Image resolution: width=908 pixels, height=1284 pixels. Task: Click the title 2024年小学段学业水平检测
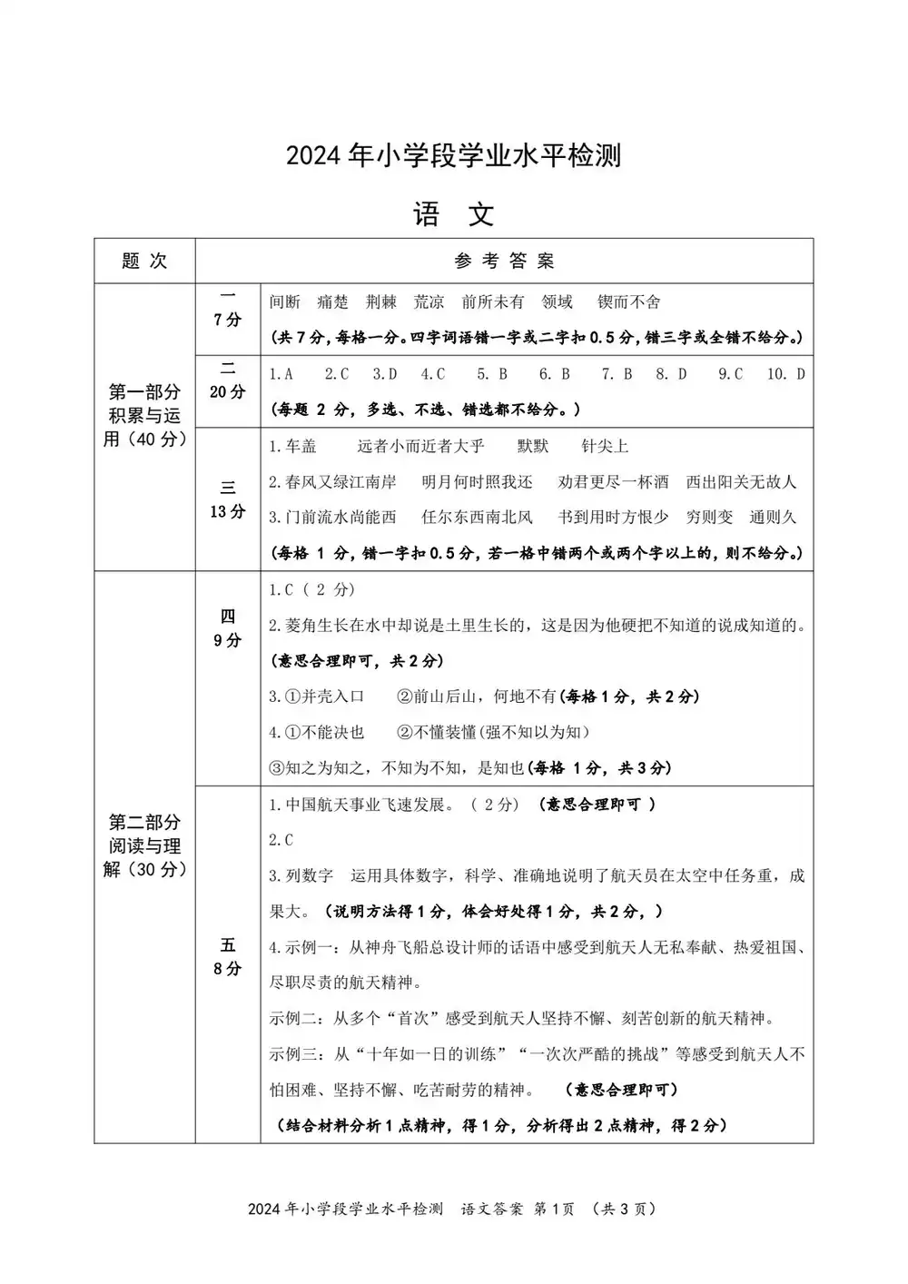click(x=453, y=155)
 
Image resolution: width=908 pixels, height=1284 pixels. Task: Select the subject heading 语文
click(x=453, y=214)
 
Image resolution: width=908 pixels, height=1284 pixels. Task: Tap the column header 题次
click(x=144, y=261)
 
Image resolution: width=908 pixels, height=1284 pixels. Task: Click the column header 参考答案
click(x=504, y=261)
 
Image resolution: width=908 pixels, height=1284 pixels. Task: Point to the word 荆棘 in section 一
click(x=381, y=301)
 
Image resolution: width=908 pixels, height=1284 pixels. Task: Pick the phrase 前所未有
click(x=492, y=301)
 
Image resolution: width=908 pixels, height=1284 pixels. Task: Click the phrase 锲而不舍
click(x=628, y=301)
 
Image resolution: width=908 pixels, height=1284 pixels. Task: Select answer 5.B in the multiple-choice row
click(x=491, y=373)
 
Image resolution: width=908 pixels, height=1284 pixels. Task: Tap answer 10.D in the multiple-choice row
click(x=786, y=373)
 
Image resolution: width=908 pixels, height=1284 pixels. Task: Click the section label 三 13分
click(x=227, y=499)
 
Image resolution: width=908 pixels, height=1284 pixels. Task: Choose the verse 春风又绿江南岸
click(x=332, y=481)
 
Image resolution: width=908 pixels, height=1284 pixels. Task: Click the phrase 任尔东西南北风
click(x=477, y=517)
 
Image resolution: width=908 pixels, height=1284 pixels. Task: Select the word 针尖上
click(x=605, y=446)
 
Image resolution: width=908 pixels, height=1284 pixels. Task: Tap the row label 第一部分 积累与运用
click(x=144, y=416)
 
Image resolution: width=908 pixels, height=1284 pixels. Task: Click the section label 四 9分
click(x=227, y=628)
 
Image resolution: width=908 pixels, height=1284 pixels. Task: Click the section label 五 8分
click(x=227, y=956)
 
